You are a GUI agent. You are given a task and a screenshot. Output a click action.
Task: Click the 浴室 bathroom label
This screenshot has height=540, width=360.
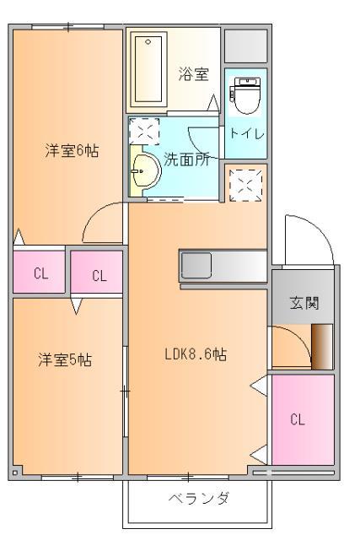pyautogui.click(x=192, y=74)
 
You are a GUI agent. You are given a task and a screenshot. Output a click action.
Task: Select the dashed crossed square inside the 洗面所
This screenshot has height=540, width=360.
pyautogui.click(x=143, y=132)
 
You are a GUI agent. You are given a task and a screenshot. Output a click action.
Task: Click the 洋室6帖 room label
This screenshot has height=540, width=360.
pyautogui.click(x=72, y=152)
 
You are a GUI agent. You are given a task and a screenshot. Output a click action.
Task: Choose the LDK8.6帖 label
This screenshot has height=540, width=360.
pyautogui.click(x=195, y=354)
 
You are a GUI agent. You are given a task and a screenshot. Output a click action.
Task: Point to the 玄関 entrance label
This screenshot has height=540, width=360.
pyautogui.click(x=303, y=303)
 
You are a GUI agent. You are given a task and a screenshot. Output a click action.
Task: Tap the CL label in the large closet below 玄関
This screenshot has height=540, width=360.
pyautogui.click(x=297, y=419)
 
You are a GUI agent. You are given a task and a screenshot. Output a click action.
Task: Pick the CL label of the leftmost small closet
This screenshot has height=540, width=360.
pyautogui.click(x=40, y=273)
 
